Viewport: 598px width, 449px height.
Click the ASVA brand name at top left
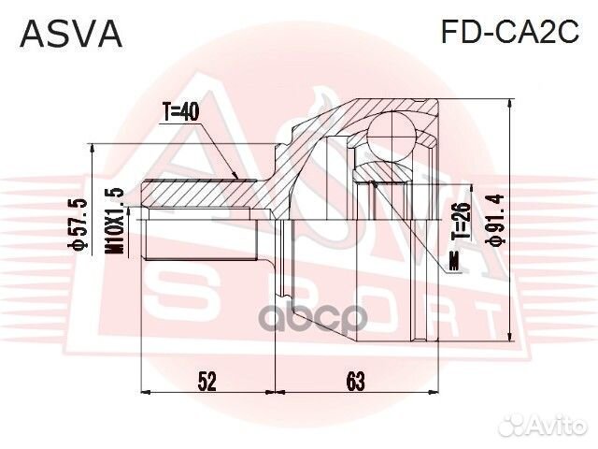tap(71, 33)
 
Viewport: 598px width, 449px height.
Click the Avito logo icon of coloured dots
tap(512, 427)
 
